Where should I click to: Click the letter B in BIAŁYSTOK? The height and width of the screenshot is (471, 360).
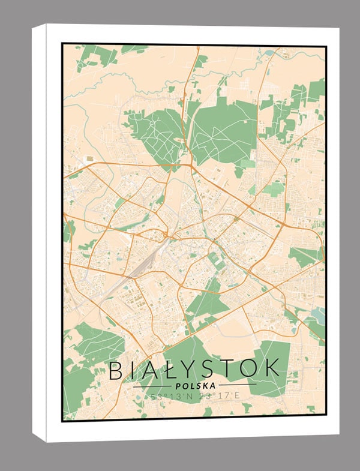116,370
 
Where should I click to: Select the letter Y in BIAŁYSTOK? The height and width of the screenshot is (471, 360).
191,370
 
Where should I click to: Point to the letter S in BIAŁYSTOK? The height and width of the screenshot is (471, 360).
213,370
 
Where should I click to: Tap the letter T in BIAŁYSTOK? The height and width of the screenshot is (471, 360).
232,370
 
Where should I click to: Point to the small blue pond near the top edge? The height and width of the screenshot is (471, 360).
268,53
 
